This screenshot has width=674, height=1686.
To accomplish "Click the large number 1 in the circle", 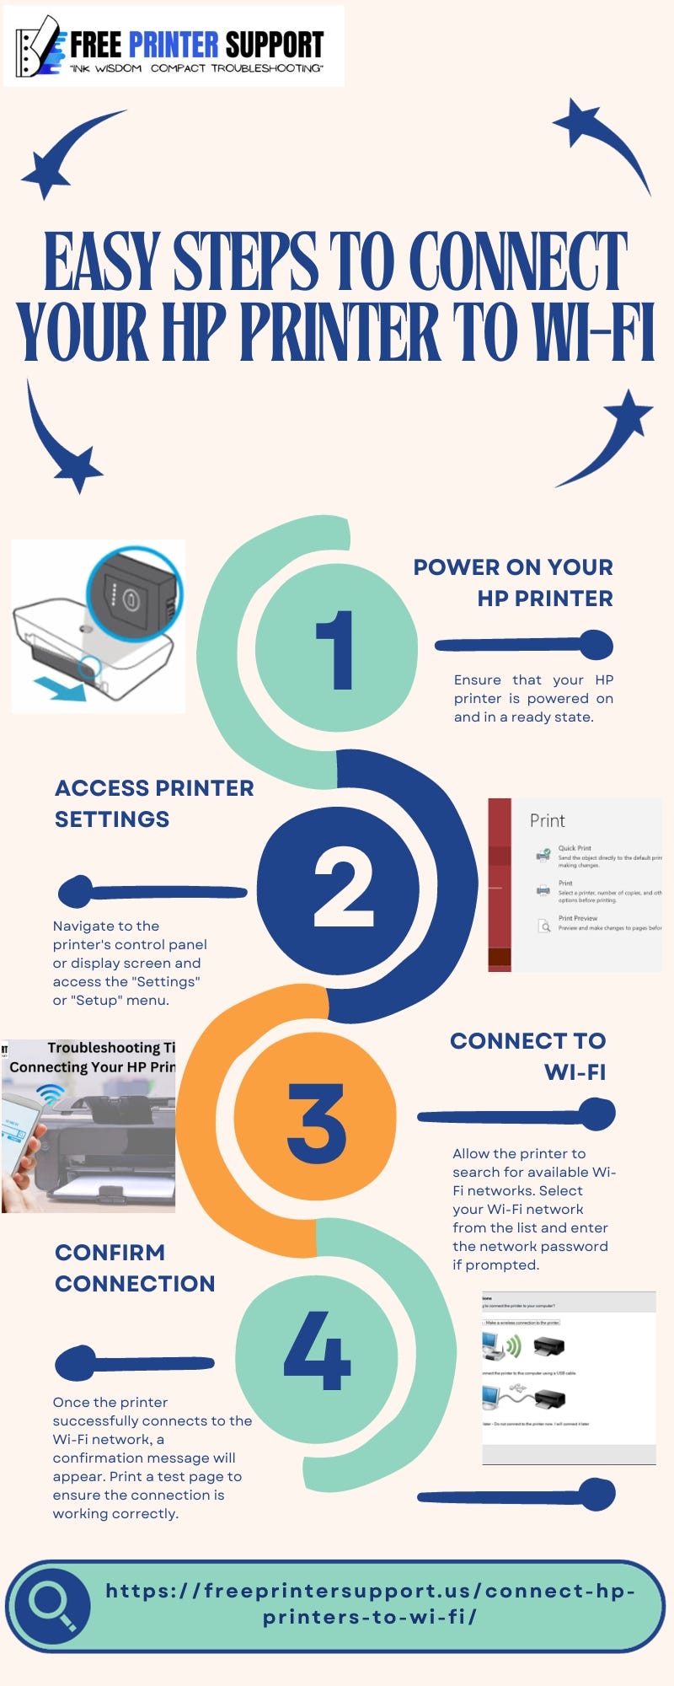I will tap(335, 649).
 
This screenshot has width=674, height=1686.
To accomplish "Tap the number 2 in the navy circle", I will tap(343, 888).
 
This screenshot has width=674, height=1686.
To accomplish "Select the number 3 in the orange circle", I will tap(317, 1123).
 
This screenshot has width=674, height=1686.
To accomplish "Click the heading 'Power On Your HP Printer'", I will tap(514, 583).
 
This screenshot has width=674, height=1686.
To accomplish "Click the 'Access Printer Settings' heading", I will tap(154, 803).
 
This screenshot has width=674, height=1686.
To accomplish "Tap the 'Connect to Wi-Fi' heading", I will tap(529, 1056).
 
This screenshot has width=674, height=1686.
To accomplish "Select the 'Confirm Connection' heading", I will tap(135, 1268).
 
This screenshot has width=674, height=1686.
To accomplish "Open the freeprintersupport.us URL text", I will tap(370, 1603).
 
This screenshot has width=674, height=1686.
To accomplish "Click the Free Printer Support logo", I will tap(174, 46).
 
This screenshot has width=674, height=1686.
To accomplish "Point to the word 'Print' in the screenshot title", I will tap(547, 820).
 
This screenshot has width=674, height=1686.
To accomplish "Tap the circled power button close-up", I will tap(134, 595).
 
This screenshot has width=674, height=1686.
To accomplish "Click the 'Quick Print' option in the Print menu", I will tap(575, 848).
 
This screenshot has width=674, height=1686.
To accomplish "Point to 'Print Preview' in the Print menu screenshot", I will tap(578, 918).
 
